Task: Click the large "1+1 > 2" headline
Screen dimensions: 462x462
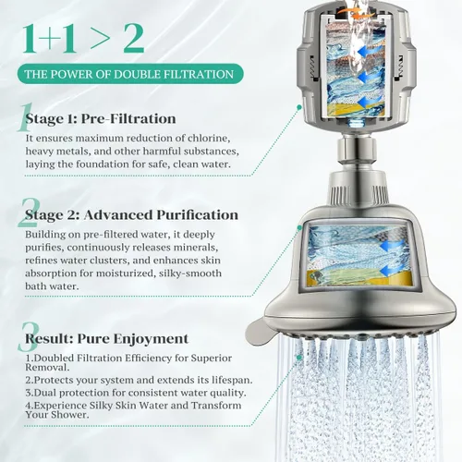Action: [83, 39]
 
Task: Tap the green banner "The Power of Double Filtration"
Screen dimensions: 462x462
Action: [130, 74]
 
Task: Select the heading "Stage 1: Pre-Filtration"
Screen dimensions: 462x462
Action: [101, 119]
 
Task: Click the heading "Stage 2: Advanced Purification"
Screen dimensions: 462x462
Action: [132, 215]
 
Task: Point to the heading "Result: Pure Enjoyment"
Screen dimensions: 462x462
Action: [106, 338]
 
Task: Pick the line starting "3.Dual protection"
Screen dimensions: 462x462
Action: [136, 393]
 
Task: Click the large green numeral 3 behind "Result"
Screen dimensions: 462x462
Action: [29, 337]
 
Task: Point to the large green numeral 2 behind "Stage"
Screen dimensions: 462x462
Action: [29, 213]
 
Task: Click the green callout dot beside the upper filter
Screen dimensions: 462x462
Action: [298, 107]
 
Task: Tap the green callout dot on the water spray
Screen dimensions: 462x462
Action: [298, 358]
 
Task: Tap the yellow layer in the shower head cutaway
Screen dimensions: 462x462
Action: [359, 279]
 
